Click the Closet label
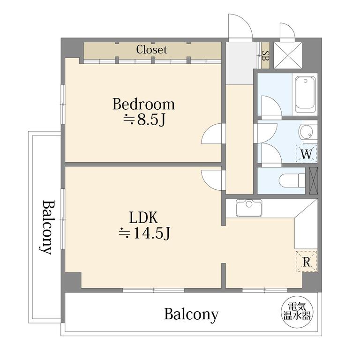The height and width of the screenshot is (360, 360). (151, 50)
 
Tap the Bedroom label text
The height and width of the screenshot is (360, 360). (143, 104)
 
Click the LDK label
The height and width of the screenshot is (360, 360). (144, 217)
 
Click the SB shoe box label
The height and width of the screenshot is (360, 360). (265, 55)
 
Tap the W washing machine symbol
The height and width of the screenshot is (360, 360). (306, 154)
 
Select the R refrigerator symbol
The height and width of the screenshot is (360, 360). (307, 262)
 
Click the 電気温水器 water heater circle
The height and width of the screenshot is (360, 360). (297, 312)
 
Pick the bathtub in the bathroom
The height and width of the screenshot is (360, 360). (305, 95)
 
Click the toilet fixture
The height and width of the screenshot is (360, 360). (292, 180)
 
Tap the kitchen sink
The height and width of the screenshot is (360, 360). (249, 208)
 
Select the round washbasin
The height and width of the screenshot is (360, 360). (306, 132)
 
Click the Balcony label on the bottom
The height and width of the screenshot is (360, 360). (191, 315)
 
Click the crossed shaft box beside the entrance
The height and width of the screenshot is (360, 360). (288, 55)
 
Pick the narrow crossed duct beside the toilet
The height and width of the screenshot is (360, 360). (314, 180)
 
